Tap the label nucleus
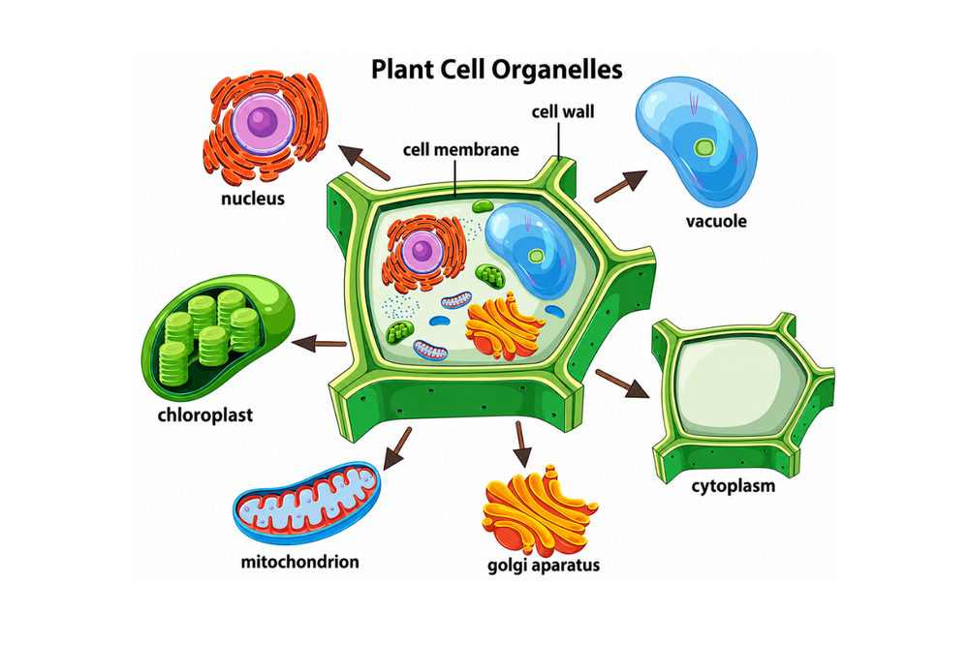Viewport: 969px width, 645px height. (x=253, y=199)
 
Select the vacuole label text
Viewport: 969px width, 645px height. (x=716, y=221)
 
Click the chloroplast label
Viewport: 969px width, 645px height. (x=205, y=415)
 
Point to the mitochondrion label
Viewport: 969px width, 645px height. (x=299, y=562)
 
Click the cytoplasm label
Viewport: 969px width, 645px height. (x=734, y=486)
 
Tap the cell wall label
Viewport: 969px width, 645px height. (x=563, y=111)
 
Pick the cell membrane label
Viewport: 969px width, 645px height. (x=461, y=150)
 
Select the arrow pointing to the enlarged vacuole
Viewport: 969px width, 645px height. (x=620, y=185)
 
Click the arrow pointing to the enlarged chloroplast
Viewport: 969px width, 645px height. (x=318, y=342)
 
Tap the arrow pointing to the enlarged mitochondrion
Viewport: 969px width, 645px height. (x=396, y=448)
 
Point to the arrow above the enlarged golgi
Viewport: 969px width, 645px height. (x=522, y=445)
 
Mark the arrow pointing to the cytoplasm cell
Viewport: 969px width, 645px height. (x=622, y=384)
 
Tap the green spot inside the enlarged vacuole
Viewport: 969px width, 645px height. (x=703, y=147)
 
